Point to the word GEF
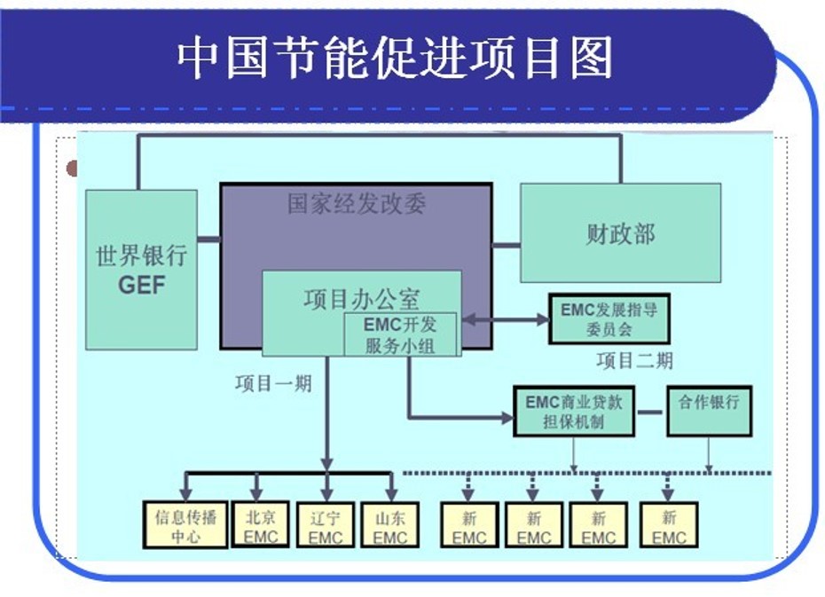[141, 286]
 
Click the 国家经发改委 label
[356, 204]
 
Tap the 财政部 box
[619, 233]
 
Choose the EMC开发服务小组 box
[400, 334]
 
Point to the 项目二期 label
[634, 360]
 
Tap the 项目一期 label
[273, 384]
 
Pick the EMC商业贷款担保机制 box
[574, 411]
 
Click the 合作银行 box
[709, 411]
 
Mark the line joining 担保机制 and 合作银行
[651, 412]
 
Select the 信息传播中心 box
[185, 525]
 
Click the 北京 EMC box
[261, 524]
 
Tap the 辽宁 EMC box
[326, 525]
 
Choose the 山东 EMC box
[390, 525]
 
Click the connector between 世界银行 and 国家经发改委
[208, 240]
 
